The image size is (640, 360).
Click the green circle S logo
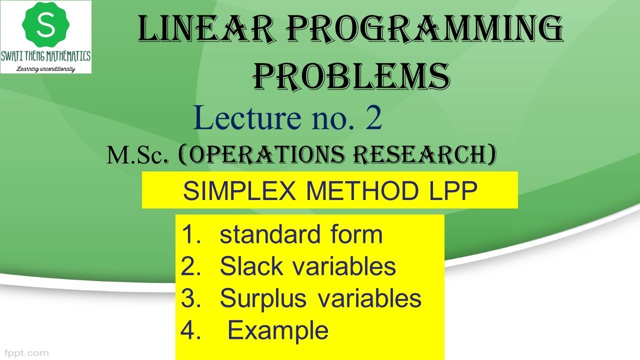(45, 24)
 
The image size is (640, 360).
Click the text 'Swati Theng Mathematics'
(46, 56)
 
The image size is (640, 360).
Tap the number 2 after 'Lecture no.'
(373, 119)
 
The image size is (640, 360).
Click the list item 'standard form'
(301, 235)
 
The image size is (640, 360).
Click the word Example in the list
(278, 330)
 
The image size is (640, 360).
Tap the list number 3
(190, 298)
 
